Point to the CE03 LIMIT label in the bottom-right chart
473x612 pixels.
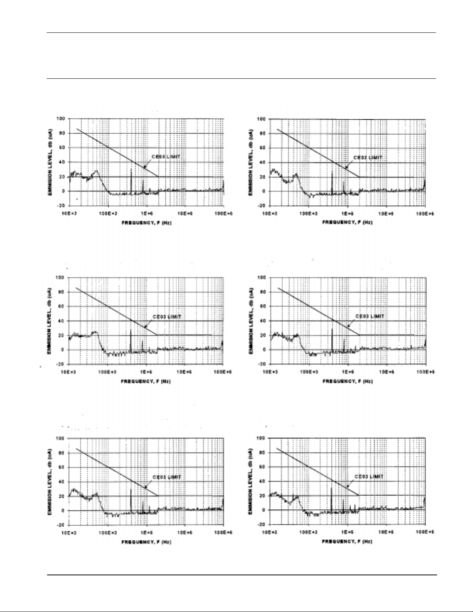tap(370, 476)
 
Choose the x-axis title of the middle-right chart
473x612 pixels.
tap(348, 381)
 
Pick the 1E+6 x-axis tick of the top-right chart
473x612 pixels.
tap(348, 213)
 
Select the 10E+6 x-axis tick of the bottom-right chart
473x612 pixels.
tap(387, 532)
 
